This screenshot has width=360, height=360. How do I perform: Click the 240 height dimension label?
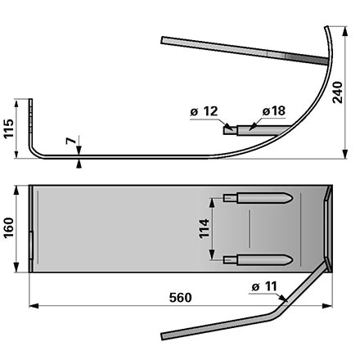338,92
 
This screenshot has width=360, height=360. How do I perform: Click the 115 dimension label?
8,128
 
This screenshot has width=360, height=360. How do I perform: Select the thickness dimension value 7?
70,141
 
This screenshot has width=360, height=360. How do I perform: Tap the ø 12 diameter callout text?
204,111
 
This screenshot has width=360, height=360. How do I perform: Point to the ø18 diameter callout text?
274,111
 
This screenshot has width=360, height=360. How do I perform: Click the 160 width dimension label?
8,228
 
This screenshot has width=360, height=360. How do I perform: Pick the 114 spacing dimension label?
204,228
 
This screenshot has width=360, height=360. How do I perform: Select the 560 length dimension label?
180,298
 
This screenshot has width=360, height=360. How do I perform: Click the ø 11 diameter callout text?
264,286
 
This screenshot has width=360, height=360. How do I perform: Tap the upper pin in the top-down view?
258,197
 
